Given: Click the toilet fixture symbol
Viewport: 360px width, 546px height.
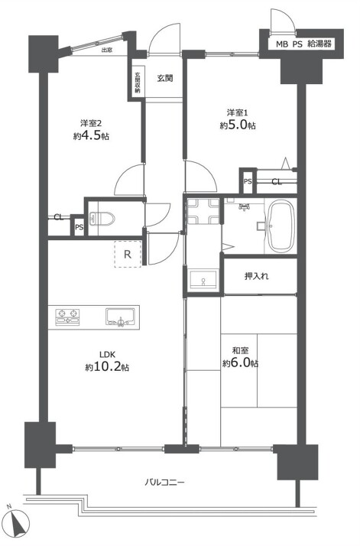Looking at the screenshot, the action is [102, 219].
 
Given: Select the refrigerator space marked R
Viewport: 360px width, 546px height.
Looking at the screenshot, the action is [128, 254].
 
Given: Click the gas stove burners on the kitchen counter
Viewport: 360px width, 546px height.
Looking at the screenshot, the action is [67, 317].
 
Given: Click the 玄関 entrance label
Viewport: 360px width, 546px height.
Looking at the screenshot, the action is [164, 78].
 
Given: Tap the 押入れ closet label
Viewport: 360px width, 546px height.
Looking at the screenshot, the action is [257, 276].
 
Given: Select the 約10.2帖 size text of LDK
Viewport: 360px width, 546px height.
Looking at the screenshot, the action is [107, 367].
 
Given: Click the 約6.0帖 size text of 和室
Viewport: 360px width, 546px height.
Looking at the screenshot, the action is [240, 363].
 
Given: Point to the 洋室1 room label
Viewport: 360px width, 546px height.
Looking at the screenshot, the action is [238, 112].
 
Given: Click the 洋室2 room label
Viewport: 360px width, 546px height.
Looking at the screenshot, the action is [91, 123].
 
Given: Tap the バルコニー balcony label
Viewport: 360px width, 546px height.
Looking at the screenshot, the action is [164, 483].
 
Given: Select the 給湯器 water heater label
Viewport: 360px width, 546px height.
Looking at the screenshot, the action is [319, 44].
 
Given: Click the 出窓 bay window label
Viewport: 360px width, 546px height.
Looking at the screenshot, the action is [106, 50].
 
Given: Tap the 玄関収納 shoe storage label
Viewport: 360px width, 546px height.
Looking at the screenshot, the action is [137, 83].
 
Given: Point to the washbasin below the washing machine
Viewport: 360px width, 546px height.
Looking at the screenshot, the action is [203, 279].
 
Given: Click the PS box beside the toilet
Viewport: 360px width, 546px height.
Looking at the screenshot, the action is [79, 227].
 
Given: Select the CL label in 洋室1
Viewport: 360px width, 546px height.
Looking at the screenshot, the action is [277, 181].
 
